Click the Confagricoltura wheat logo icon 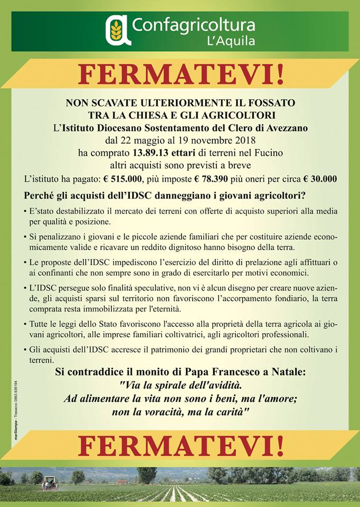pos(119,30)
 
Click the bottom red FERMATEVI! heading pos(181,446)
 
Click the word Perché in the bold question pos(39,195)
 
